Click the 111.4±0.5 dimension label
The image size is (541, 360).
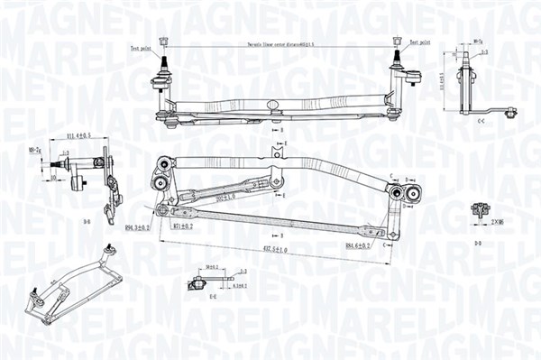79,135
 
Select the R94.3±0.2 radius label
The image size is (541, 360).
137,229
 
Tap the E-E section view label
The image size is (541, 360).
212,296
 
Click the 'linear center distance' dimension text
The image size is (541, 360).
280,44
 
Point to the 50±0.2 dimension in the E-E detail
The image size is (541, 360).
213,267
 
